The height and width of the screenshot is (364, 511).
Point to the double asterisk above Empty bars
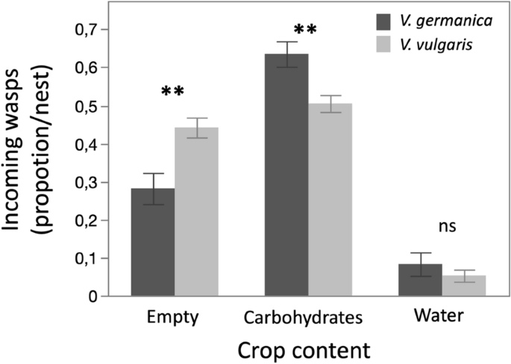pyautogui.click(x=174, y=92)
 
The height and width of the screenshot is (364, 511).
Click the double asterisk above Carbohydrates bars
pyautogui.click(x=306, y=31)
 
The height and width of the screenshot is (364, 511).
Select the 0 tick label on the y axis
pyautogui.click(x=93, y=297)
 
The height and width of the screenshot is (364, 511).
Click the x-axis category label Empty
pyautogui.click(x=173, y=316)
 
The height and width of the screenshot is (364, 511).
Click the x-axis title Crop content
pyautogui.click(x=307, y=349)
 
